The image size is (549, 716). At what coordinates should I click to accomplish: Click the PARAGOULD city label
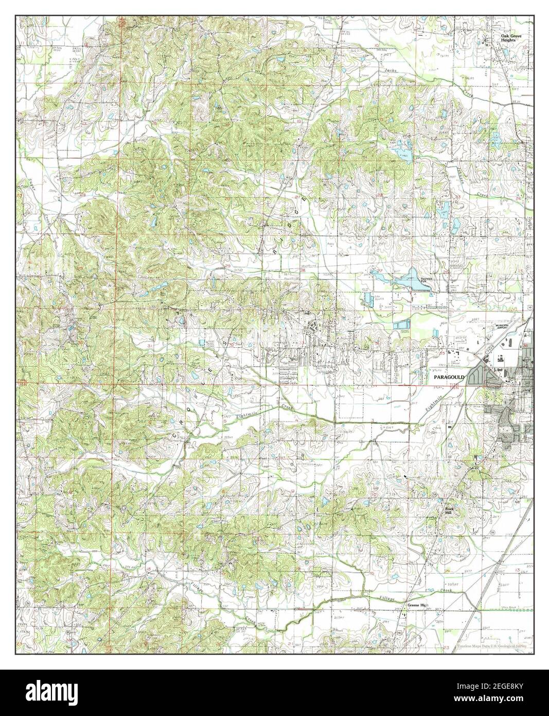pyautogui.click(x=449, y=378)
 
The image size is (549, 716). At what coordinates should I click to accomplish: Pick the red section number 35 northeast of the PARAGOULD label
pyautogui.click(x=444, y=354)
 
